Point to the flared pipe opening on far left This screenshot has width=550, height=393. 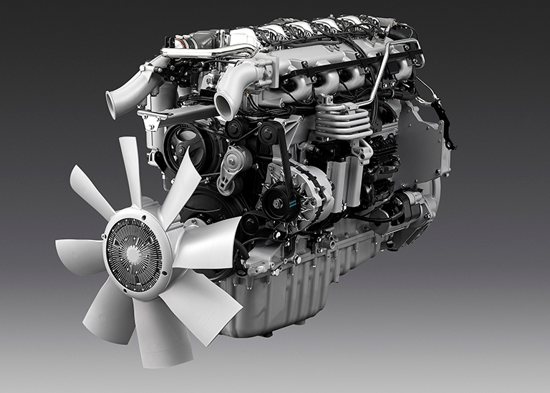click(x=112, y=105)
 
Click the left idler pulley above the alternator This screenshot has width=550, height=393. click(x=236, y=129)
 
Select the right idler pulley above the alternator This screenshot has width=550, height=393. click(x=269, y=132)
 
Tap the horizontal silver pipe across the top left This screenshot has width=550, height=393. click(x=208, y=52)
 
